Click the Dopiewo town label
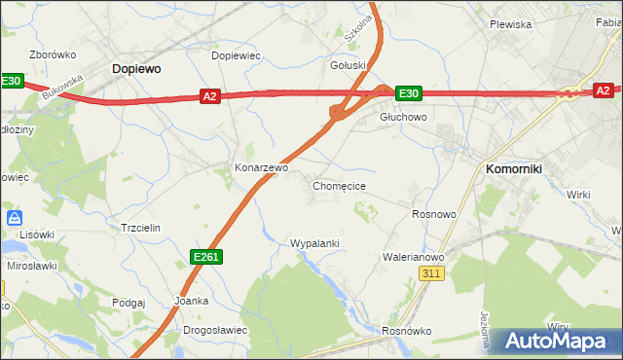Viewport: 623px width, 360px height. pyautogui.click(x=136, y=69)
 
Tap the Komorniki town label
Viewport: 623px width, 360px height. pyautogui.click(x=521, y=168)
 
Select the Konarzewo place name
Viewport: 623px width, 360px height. pyautogui.click(x=261, y=167)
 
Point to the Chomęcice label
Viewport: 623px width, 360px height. pyautogui.click(x=339, y=185)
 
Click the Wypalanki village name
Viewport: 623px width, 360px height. pyautogui.click(x=314, y=242)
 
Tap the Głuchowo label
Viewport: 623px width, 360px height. pyautogui.click(x=403, y=117)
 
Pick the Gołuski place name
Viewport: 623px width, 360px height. pyautogui.click(x=348, y=66)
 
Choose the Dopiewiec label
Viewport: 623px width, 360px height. pyautogui.click(x=236, y=55)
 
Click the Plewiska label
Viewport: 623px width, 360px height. pyautogui.click(x=510, y=24)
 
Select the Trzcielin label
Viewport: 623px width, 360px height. pyautogui.click(x=139, y=227)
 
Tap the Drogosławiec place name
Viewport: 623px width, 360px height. pyautogui.click(x=215, y=330)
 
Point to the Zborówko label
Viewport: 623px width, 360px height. pyautogui.click(x=54, y=55)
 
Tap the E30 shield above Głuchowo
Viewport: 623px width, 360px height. pyautogui.click(x=409, y=93)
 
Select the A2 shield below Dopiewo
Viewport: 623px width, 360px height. pyautogui.click(x=211, y=95)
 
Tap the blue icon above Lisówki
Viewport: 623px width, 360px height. pyautogui.click(x=15, y=218)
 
